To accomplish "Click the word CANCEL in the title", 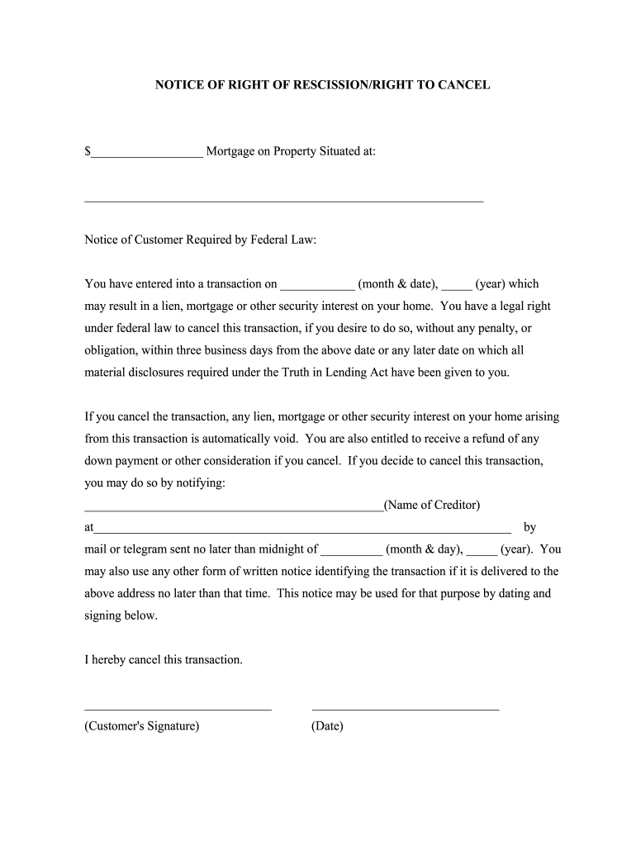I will [x=462, y=85].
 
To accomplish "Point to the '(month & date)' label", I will [x=397, y=284].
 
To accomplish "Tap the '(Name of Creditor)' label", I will [x=431, y=505].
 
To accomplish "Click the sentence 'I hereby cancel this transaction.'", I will [x=164, y=660].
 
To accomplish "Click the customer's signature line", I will [x=178, y=707].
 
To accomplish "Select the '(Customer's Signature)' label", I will [x=141, y=727].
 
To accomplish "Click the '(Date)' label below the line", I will [x=327, y=727].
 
